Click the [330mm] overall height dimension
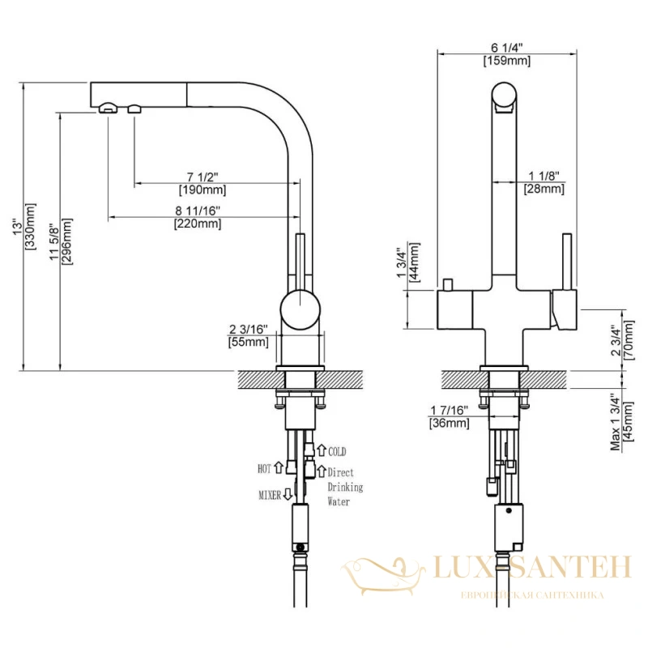[31, 226]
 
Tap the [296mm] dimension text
[66, 241]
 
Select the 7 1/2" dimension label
[202, 177]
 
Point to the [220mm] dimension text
[198, 224]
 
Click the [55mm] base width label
[248, 342]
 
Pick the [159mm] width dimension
[507, 61]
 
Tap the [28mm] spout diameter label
[544, 189]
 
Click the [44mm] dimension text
[415, 262]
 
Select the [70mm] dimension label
[629, 340]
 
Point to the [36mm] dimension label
[450, 423]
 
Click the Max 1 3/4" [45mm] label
[621, 421]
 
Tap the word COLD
[337, 451]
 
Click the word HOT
[265, 469]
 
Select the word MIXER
[270, 495]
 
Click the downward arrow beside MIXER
[288, 494]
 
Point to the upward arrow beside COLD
[322, 450]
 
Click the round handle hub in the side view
[300, 309]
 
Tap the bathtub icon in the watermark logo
[383, 576]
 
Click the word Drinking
[345, 488]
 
